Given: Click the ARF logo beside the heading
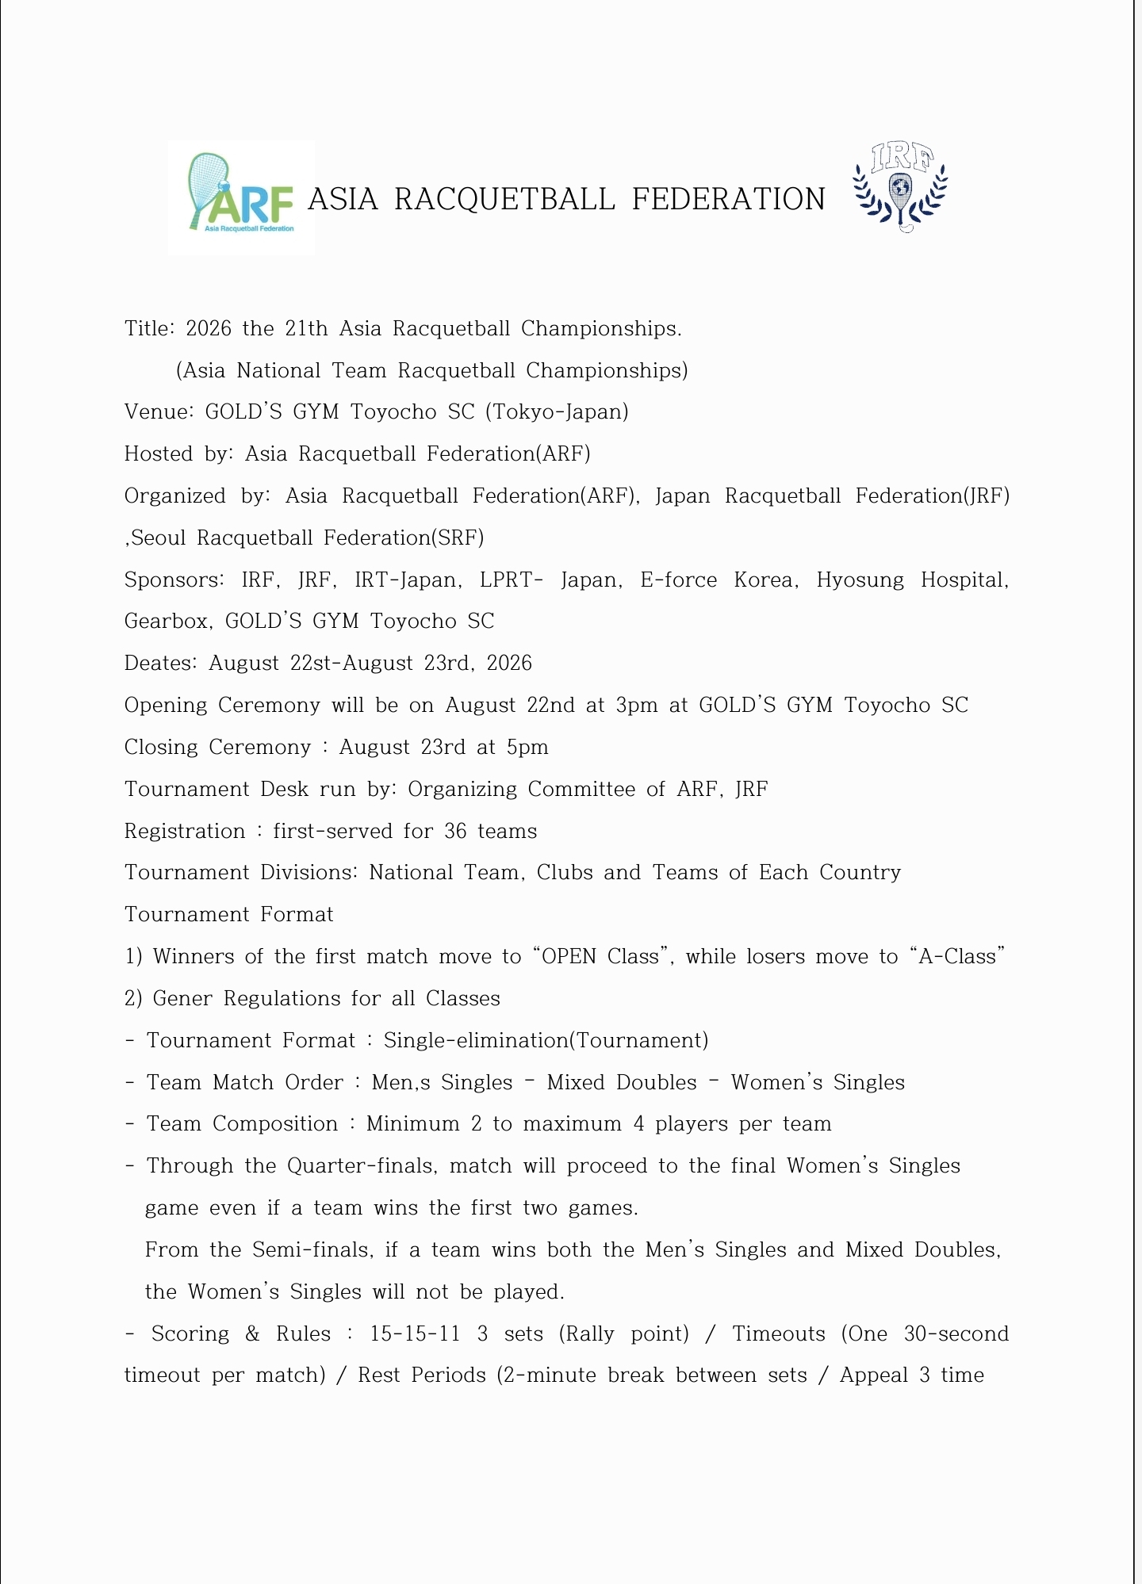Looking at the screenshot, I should click(x=241, y=197).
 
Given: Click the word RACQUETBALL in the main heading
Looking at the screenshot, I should click(x=504, y=199).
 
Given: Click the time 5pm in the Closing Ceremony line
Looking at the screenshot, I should click(x=527, y=747).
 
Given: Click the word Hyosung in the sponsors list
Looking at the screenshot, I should click(x=860, y=580).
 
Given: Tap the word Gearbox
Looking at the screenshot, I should click(x=168, y=622).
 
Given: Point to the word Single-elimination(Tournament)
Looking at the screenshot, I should click(x=546, y=1040).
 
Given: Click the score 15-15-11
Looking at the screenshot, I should click(x=415, y=1333).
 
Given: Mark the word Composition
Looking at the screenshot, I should click(x=275, y=1124).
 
